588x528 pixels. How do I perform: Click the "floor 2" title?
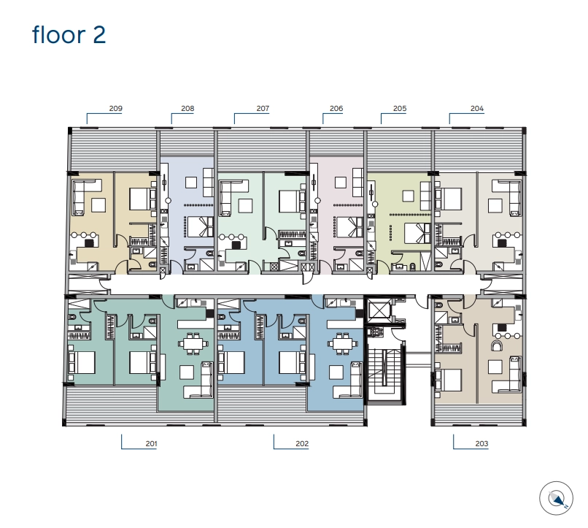(69, 34)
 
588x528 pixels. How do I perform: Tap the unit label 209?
(116, 109)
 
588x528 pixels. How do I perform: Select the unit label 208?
(187, 109)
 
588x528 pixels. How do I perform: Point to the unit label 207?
(263, 109)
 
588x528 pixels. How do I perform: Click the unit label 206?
(336, 109)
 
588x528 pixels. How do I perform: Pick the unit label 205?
(400, 109)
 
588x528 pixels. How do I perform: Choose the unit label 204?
(477, 109)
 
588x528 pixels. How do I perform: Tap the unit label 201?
(152, 443)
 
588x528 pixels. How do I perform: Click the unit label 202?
(302, 443)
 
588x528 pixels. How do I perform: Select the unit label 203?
(482, 443)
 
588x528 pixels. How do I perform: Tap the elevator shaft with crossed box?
(379, 310)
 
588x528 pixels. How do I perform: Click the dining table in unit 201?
(193, 343)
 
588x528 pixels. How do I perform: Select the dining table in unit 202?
(342, 343)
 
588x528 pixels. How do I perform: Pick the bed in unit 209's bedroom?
(143, 199)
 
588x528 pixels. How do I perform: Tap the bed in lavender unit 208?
(201, 226)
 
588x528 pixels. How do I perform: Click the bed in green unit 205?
(418, 233)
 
